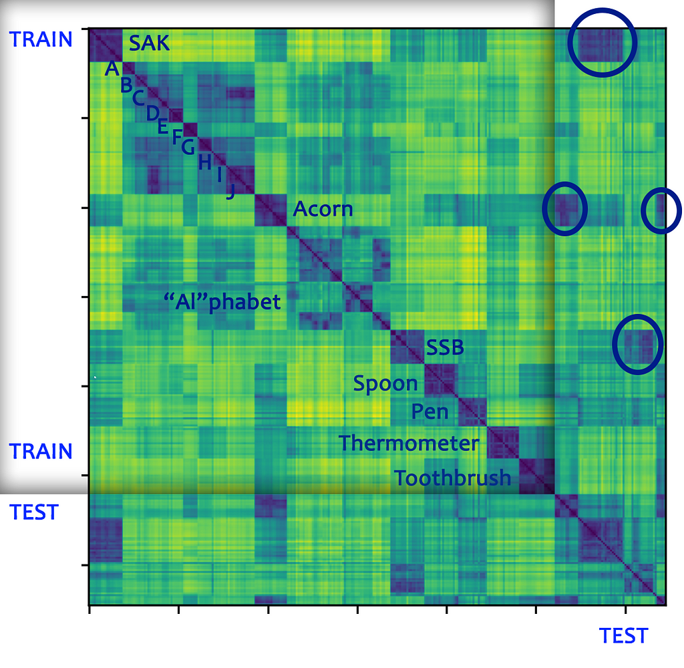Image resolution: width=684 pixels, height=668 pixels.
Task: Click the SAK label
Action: point(149,44)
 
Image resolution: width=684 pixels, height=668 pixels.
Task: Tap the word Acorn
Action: point(323,209)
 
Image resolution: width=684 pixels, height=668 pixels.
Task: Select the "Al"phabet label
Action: point(222,301)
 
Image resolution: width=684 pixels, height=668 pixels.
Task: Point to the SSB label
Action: point(445,347)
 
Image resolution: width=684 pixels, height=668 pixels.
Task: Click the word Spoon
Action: point(385,383)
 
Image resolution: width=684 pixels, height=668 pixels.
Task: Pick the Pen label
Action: point(430,411)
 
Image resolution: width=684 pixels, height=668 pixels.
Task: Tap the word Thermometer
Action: point(408,443)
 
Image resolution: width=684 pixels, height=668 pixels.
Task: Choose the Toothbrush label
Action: point(452,478)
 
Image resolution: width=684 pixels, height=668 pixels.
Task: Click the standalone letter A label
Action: point(112,68)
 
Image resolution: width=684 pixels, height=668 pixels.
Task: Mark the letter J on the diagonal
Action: point(230,192)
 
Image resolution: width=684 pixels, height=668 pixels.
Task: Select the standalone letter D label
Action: point(152,113)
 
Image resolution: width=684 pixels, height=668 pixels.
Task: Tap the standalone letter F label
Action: point(177,137)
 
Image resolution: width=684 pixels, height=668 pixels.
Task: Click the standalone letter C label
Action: point(138,98)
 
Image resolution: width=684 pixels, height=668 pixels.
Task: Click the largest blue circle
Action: point(602,42)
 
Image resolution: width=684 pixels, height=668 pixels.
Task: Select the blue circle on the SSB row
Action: point(637,343)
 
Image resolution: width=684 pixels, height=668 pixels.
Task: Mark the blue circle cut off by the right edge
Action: point(661,210)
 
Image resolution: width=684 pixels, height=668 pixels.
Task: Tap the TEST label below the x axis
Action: point(623,635)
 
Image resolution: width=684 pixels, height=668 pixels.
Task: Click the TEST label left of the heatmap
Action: point(34,512)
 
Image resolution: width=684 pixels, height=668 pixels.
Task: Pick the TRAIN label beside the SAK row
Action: point(41,39)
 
